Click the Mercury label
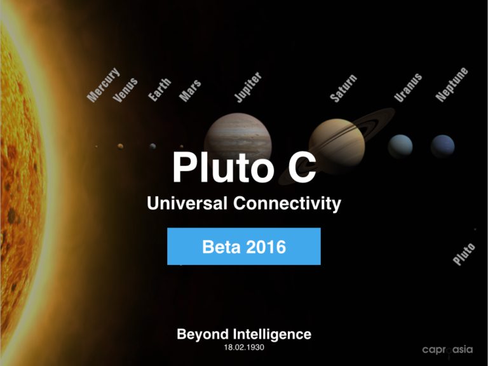click(x=103, y=85)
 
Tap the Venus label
click(x=125, y=90)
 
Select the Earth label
click(x=159, y=90)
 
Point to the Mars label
click(x=190, y=91)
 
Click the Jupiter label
click(x=248, y=87)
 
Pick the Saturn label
click(x=343, y=88)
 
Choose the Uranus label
click(x=408, y=88)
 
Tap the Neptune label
click(x=452, y=85)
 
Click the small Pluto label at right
click(x=464, y=254)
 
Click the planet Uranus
click(x=400, y=146)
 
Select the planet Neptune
click(x=442, y=146)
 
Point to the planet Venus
click(x=120, y=146)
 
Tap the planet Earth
click(x=152, y=146)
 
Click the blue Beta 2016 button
click(x=244, y=246)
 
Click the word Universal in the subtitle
click(x=187, y=203)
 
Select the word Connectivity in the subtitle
click(x=287, y=204)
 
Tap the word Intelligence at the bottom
click(x=272, y=335)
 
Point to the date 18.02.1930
click(x=244, y=348)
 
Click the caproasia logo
click(x=447, y=350)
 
